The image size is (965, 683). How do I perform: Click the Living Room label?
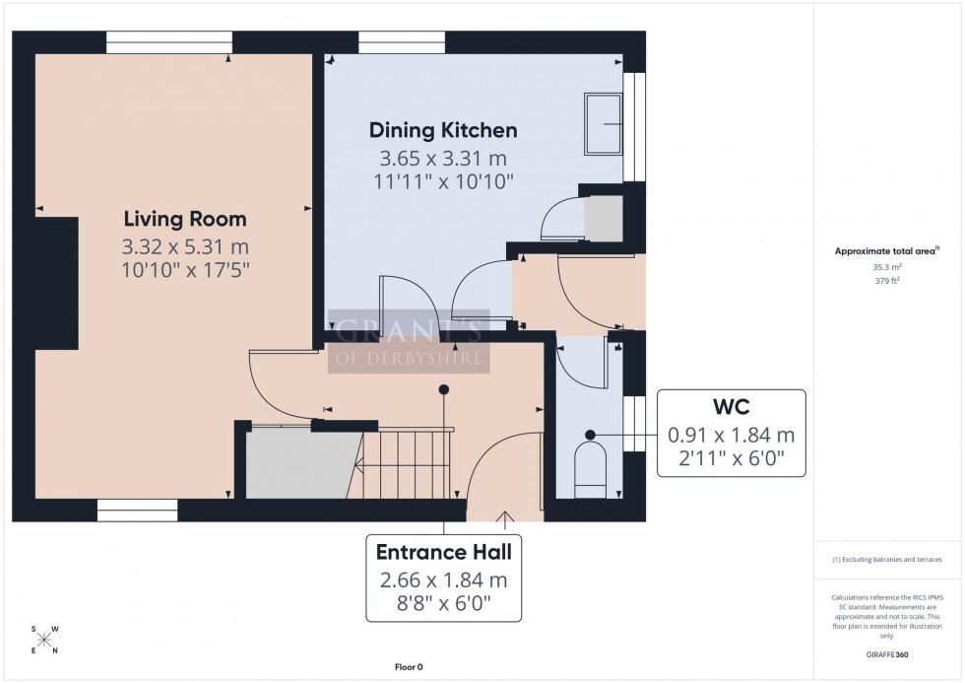click(185, 219)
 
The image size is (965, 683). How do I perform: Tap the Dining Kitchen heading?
click(443, 130)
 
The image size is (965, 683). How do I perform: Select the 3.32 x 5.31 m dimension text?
click(185, 246)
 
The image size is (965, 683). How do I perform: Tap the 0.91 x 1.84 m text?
click(731, 435)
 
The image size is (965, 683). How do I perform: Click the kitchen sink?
click(603, 124)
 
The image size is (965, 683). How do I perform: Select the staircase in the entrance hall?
click(404, 466)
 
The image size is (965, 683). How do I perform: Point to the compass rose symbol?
click(44, 640)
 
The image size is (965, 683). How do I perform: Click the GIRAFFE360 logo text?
click(889, 654)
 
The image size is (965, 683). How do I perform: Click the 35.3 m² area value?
click(888, 266)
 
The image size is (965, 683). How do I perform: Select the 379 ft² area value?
click(888, 280)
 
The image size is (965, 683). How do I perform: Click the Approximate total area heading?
click(888, 251)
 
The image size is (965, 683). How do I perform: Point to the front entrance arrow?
click(507, 515)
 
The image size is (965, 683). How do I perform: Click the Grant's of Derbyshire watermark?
click(409, 341)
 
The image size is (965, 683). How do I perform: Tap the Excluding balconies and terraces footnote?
click(888, 559)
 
